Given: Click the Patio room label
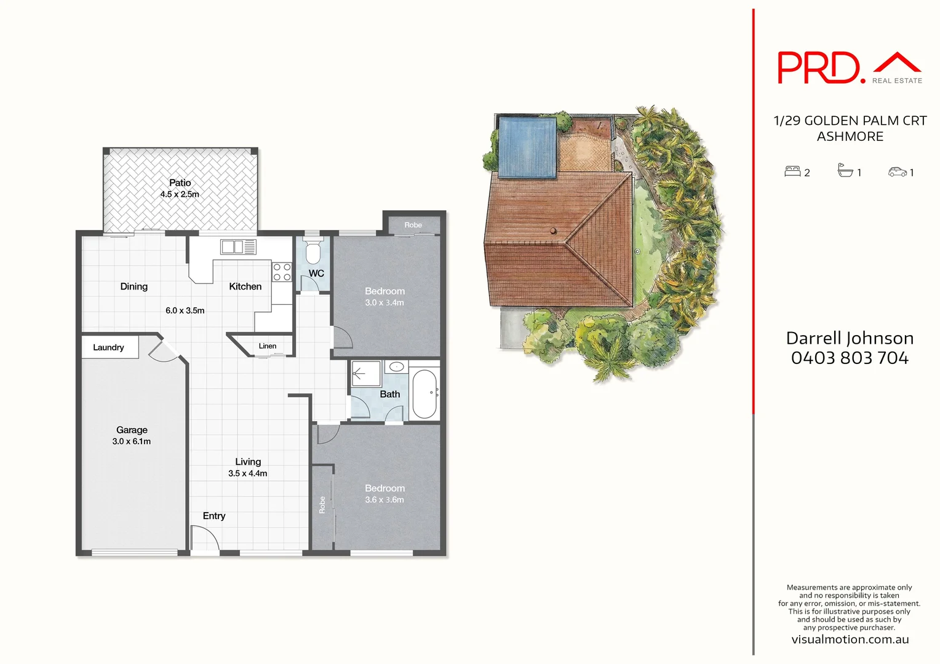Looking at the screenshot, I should [180, 183].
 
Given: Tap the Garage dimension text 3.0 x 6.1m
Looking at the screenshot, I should [132, 441].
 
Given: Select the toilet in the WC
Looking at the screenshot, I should [314, 252].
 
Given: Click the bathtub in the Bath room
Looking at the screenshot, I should [424, 393].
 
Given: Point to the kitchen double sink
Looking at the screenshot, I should [238, 247].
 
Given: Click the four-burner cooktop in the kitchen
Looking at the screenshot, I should [282, 272].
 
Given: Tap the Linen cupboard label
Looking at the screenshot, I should [267, 346].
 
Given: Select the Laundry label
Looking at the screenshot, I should [108, 347].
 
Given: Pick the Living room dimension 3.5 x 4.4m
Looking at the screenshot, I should [247, 473].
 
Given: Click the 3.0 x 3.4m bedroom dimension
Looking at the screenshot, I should [384, 302].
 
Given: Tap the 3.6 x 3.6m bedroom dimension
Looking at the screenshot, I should [384, 500].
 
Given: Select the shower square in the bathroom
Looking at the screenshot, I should [365, 373].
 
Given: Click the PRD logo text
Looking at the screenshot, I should [818, 68].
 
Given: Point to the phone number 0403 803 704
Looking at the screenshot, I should [850, 358].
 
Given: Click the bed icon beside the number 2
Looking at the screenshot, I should [792, 172].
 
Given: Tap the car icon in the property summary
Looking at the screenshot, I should [897, 172].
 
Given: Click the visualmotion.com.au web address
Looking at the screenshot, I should [850, 639].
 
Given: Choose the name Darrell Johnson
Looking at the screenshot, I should [850, 338].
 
